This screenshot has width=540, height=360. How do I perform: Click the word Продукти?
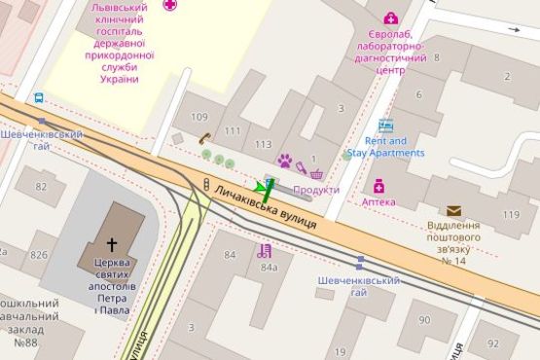click(316, 190)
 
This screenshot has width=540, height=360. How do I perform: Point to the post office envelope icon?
click(453, 210)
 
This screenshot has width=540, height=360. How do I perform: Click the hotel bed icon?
click(386, 126)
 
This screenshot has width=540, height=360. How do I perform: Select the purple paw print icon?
click(285, 160)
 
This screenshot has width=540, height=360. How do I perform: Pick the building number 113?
click(263, 144)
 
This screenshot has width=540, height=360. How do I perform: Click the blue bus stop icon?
click(39, 98)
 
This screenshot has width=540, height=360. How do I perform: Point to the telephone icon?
click(204, 138)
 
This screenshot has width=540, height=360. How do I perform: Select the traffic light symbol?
click(206, 184)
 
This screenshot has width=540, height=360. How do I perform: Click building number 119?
click(511, 214)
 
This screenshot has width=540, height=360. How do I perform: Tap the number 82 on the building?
click(42, 186)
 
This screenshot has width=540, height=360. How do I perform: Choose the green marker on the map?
click(264, 187)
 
